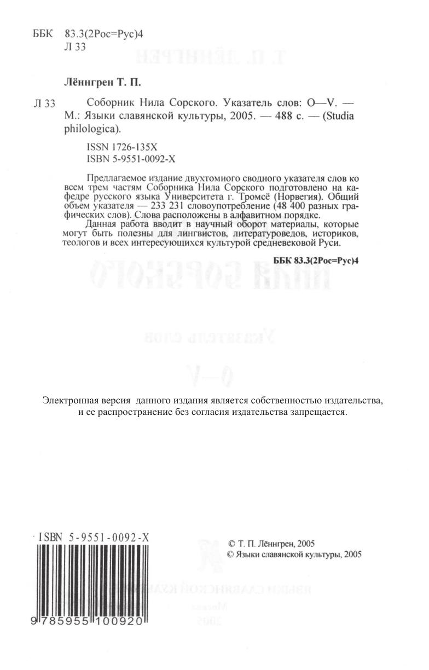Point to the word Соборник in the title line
point(107,103)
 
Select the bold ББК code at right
point(315,261)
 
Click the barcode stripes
point(93,580)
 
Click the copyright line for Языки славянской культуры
point(294,554)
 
